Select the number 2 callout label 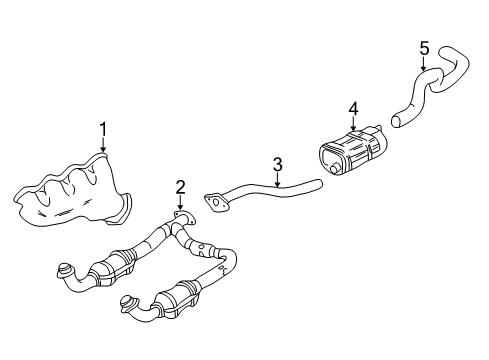coord(180,186)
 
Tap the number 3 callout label coord(278,162)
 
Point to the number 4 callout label coord(352,108)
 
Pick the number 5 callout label coord(423,47)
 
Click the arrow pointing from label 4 coord(352,123)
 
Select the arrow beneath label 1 coord(103,146)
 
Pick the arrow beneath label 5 coord(423,64)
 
